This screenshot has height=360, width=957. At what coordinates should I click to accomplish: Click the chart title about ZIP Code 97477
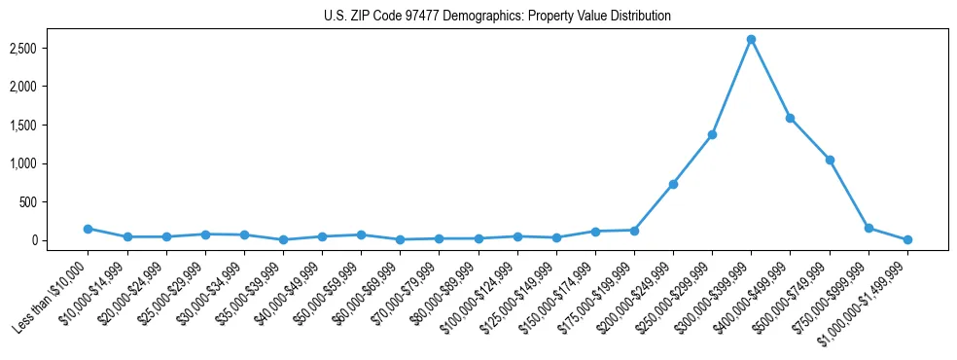coord(497,17)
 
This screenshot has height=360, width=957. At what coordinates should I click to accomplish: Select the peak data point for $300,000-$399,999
coord(751,40)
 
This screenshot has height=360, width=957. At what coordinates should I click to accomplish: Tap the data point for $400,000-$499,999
coord(790,118)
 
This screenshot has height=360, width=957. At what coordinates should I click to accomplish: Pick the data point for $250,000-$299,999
coord(712,134)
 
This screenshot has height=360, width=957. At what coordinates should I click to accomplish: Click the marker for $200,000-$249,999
coord(673,184)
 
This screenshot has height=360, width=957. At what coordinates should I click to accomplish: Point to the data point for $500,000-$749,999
coord(830,160)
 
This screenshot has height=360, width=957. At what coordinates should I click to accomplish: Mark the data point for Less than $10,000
coord(88,229)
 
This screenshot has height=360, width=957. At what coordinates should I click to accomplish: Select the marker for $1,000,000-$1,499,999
coord(907,239)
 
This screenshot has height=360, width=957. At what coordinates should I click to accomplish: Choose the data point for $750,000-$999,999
coord(868,229)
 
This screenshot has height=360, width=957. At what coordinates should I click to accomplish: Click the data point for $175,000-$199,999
coord(634,231)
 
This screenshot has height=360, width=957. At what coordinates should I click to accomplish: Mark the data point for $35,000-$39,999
coord(283,239)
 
